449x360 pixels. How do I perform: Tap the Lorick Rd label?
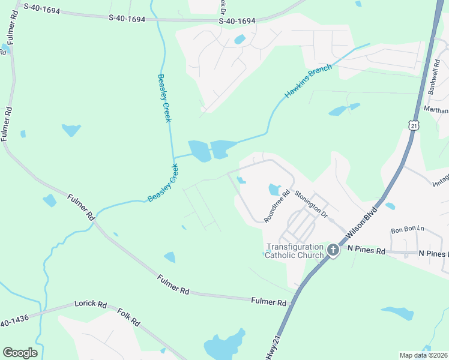[x=90, y=305]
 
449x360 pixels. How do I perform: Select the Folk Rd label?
[x=128, y=317]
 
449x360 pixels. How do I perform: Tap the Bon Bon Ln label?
[x=408, y=230]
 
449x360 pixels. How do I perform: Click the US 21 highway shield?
[x=414, y=125]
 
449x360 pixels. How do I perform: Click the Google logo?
[x=20, y=353]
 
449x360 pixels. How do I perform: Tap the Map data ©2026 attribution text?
[x=423, y=355]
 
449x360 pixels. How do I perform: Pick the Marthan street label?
[x=437, y=110]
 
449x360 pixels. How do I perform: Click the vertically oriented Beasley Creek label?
[x=164, y=98]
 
